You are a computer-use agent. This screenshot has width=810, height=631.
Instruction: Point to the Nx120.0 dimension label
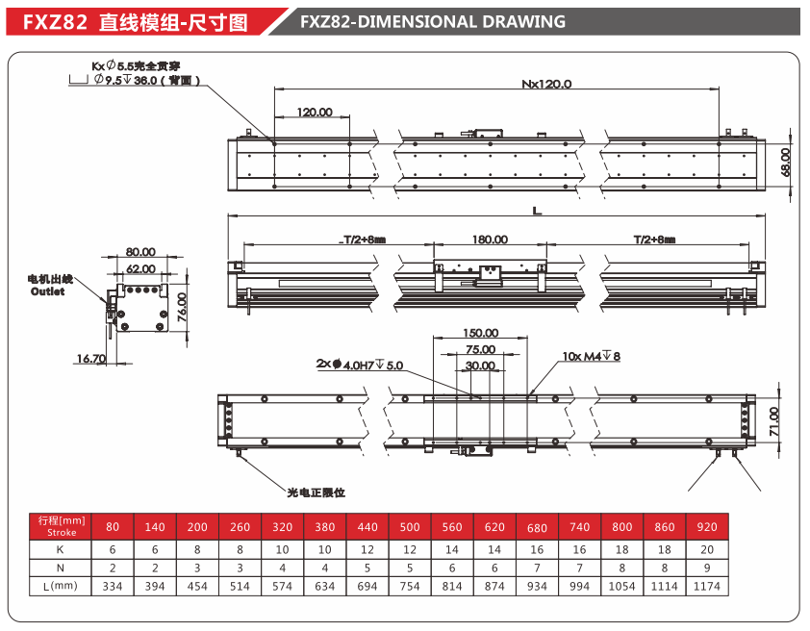(546, 84)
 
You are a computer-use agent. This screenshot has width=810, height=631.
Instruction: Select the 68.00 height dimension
(785, 161)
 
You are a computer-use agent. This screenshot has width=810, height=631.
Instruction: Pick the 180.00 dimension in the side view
(490, 240)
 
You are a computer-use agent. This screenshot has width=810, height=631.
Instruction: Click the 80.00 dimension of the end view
(140, 253)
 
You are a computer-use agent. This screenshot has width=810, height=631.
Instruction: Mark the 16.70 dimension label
(91, 358)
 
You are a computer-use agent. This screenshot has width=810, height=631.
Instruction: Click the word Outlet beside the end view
(48, 291)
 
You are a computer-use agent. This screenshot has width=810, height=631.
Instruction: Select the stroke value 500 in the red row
(410, 527)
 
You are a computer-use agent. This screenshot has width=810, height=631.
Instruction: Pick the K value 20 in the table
(706, 549)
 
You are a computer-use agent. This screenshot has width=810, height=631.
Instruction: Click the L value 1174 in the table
(706, 586)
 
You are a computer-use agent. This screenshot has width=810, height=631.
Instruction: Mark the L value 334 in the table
(113, 586)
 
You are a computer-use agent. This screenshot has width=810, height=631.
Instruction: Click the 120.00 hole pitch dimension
(315, 113)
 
